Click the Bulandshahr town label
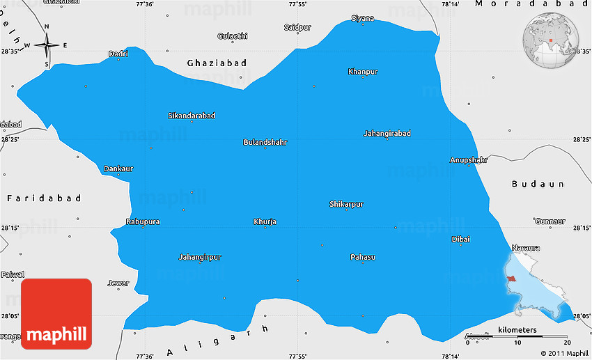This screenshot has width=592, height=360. (265, 142)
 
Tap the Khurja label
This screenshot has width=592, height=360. (265, 221)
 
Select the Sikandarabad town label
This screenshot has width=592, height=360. (192, 116)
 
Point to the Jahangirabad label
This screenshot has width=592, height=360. (387, 133)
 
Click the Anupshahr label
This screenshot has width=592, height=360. (469, 159)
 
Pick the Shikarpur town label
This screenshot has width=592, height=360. (346, 204)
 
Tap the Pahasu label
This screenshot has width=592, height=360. (362, 257)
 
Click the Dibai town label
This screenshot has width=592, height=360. (461, 239)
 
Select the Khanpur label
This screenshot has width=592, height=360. (363, 72)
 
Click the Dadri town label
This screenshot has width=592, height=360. (118, 54)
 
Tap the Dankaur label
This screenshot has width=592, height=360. (118, 169)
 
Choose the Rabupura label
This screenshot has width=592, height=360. (143, 221)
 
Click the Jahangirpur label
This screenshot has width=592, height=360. (200, 257)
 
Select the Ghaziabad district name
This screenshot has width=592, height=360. (217, 63)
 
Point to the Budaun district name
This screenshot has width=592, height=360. (537, 184)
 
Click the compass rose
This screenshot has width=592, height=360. (47, 46)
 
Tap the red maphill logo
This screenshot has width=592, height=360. (56, 314)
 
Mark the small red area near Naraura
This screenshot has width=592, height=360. (511, 279)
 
